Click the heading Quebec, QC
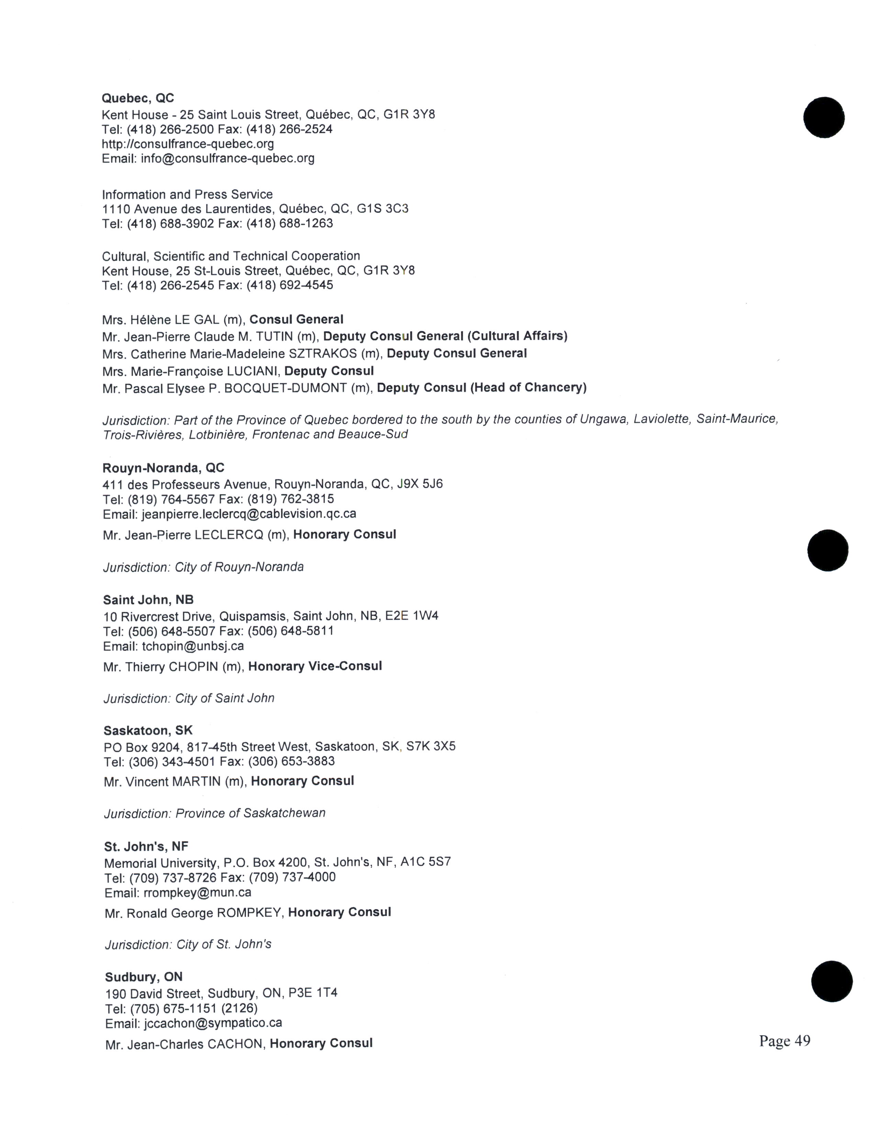[x=137, y=98]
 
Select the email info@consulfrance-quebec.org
[x=227, y=158]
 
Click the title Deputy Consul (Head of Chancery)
[x=482, y=388]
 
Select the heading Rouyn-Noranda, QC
[x=164, y=468]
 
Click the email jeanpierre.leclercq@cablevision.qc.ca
[x=249, y=514]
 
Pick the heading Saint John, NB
[x=148, y=600]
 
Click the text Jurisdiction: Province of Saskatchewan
[x=214, y=813]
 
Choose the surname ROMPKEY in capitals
[x=250, y=913]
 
